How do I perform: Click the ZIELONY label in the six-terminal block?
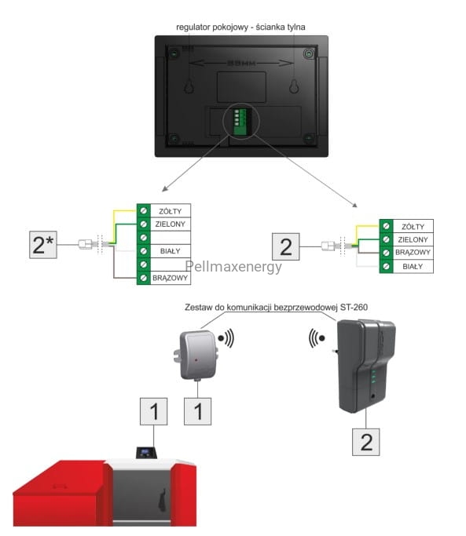[170, 224]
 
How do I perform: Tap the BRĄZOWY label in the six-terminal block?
[170, 278]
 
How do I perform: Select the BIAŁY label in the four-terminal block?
[413, 267]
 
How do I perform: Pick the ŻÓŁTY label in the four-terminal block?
[413, 227]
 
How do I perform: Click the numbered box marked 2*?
[43, 245]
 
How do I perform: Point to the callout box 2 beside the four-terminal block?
[286, 246]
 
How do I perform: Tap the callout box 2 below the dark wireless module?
[366, 442]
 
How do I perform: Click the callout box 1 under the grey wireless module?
[197, 411]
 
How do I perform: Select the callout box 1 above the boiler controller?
[154, 411]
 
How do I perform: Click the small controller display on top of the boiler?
[146, 453]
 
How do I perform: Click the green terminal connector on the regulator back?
[240, 122]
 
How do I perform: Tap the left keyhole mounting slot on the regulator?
[189, 87]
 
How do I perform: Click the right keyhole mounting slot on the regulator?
[294, 87]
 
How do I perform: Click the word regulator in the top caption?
[193, 27]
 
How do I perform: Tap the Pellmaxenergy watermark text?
[233, 267]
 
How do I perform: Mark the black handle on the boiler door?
[163, 500]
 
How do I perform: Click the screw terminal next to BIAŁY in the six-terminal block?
[144, 251]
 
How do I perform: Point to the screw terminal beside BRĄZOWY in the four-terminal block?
[386, 253]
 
